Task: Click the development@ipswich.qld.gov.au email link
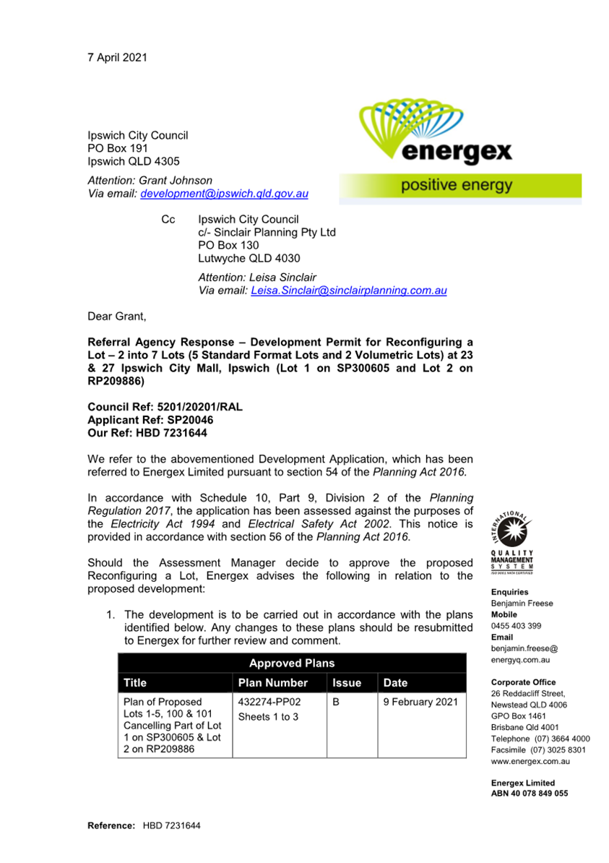pos(225,194)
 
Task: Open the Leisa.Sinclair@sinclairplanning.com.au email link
pos(348,290)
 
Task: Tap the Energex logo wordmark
pos(456,152)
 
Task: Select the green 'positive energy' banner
pos(459,186)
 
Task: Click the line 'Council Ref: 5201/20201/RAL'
pos(165,407)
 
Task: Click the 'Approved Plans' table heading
pos(291,663)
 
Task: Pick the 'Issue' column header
pos(346,682)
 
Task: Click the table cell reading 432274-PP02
pos(269,702)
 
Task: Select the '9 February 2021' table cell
pos(420,702)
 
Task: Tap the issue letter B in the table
pos(336,702)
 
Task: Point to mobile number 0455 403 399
pos(516,626)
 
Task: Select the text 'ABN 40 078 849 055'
pos(529,793)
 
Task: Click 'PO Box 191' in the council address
pos(118,148)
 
